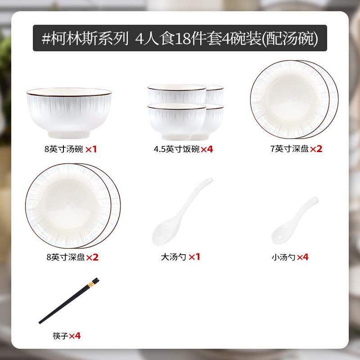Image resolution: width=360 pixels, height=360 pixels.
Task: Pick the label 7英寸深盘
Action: point(289,149)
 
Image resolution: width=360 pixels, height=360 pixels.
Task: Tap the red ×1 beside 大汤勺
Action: point(194,257)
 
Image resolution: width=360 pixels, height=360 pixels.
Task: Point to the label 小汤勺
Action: point(284,257)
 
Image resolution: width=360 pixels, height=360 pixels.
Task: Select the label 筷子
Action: point(60,335)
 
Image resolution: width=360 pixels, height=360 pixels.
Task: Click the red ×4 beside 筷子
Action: point(75,335)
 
